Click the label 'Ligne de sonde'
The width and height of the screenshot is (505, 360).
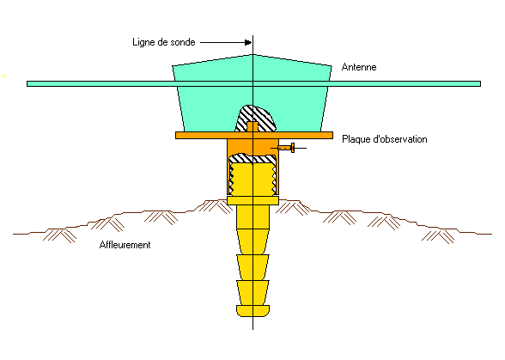pos(163,42)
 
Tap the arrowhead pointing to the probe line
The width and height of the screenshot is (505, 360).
pos(248,42)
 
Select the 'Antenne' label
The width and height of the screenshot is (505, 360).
pos(359,67)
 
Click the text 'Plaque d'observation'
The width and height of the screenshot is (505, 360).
pos(385,139)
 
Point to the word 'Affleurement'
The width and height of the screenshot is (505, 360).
pos(125,245)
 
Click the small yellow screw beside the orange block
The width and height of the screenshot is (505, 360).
pos(286,148)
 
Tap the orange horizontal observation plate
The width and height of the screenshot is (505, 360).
pos(254,136)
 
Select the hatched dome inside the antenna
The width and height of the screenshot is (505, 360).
pos(255,119)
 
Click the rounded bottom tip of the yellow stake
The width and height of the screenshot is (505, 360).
pos(252,311)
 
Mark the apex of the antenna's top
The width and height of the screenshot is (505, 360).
pos(253,54)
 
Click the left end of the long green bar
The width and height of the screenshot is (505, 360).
pos(27,84)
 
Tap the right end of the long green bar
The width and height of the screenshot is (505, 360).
pos(480,84)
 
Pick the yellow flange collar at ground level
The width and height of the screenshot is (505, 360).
pos(252,200)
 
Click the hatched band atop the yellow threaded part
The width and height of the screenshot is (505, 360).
pos(252,159)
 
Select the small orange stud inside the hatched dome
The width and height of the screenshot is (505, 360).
pos(252,126)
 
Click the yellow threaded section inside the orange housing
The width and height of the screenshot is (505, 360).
pos(252,180)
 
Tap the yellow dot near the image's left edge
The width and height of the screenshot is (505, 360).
pos(3,76)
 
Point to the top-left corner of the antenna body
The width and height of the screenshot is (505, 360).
pos(173,66)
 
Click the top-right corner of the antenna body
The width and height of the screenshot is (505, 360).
pos(332,66)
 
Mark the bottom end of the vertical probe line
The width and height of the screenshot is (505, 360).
pos(252,329)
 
